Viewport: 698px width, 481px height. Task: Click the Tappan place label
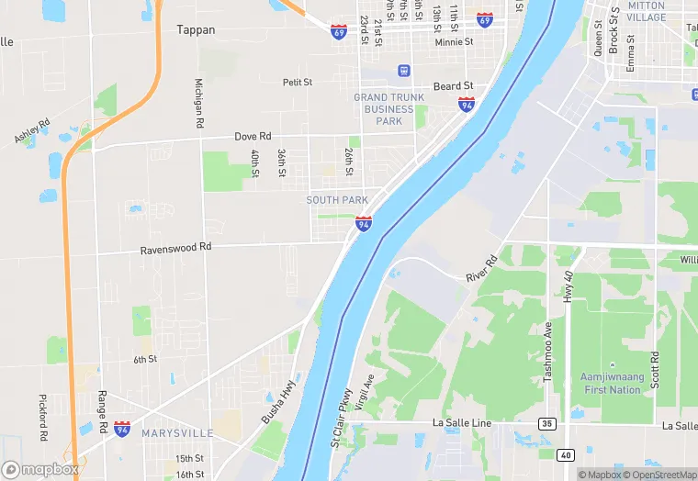click(196, 29)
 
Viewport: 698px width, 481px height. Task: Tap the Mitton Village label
click(647, 11)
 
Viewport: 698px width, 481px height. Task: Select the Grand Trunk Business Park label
click(389, 108)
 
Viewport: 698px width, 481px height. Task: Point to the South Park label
click(337, 200)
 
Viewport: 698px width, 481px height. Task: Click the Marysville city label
click(177, 432)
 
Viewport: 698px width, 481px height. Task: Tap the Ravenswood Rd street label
click(175, 248)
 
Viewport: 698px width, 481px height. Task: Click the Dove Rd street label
click(253, 137)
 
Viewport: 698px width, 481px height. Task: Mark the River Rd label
click(481, 268)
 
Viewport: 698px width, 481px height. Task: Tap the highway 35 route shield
click(546, 424)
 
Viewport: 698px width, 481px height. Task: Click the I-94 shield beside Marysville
click(122, 430)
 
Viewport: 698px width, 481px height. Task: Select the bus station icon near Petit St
click(403, 71)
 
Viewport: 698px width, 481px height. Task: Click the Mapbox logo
click(39, 469)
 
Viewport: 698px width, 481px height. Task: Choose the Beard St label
click(454, 86)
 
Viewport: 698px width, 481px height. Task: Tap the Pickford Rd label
click(42, 417)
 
